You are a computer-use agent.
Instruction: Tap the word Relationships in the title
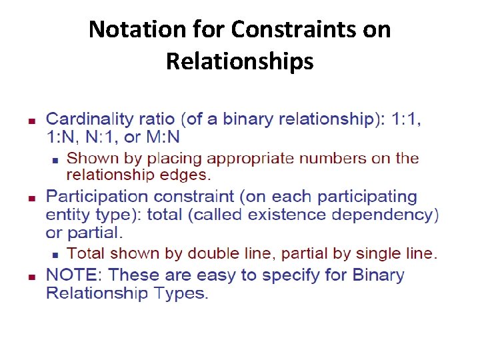tap(239, 61)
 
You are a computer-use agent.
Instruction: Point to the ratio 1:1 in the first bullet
tap(406, 120)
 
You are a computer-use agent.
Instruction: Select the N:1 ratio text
tap(99, 138)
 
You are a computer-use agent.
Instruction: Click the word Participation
tap(95, 197)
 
